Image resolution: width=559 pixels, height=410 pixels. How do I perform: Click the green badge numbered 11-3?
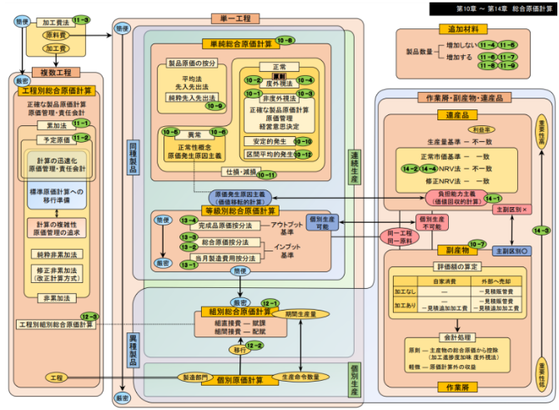81,18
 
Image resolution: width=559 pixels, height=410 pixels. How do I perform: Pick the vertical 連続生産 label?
354,167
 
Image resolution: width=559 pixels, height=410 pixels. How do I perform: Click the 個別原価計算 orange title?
239,381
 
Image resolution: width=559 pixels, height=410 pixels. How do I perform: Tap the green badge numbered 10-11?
267,175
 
